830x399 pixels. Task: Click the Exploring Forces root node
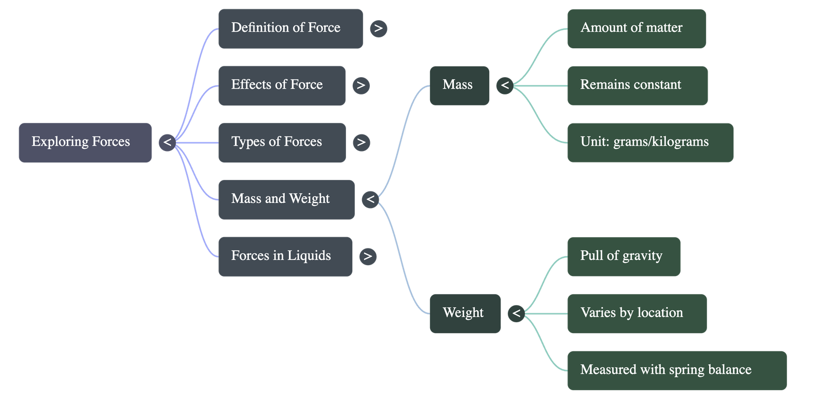pyautogui.click(x=85, y=143)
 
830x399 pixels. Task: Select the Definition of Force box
pyautogui.click(x=290, y=29)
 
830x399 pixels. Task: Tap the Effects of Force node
pyautogui.click(x=282, y=86)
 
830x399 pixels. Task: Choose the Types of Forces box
pyautogui.click(x=282, y=143)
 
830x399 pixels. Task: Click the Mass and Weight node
pyautogui.click(x=286, y=199)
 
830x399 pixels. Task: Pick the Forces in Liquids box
pyautogui.click(x=285, y=256)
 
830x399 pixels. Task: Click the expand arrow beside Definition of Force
pyautogui.click(x=379, y=29)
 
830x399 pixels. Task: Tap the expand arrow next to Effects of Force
pyautogui.click(x=361, y=86)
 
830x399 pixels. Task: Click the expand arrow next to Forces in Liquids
pyautogui.click(x=367, y=256)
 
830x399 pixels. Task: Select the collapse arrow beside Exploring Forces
pyautogui.click(x=167, y=143)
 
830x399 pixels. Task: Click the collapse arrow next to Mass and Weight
pyautogui.click(x=370, y=199)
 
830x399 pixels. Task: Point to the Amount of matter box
pyautogui.click(x=637, y=29)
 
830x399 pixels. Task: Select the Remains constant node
pyautogui.click(x=637, y=86)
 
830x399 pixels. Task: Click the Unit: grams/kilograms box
pyautogui.click(x=650, y=143)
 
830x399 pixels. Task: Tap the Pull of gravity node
pyautogui.click(x=624, y=256)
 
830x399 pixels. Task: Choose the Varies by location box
pyautogui.click(x=637, y=313)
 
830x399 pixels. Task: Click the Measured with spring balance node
pyautogui.click(x=676, y=370)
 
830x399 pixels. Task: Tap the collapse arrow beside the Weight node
pyautogui.click(x=516, y=313)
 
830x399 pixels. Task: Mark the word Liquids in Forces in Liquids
pyautogui.click(x=309, y=256)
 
